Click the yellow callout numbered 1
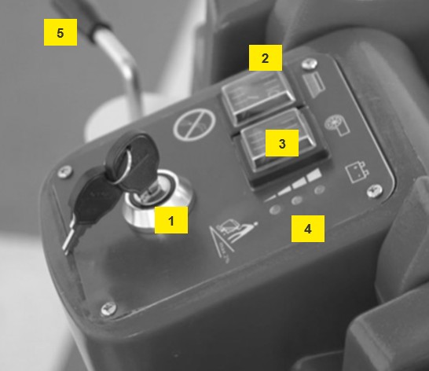(x=171, y=220)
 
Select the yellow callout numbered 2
(x=266, y=57)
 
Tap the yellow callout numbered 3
(x=282, y=143)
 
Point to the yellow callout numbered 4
(x=308, y=229)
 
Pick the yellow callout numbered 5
(x=60, y=32)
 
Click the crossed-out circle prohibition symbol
(x=195, y=124)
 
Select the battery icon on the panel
(x=356, y=172)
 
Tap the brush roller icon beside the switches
(x=337, y=126)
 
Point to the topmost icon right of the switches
(x=313, y=84)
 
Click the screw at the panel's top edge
(x=310, y=64)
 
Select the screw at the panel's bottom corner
(x=108, y=310)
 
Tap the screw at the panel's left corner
(x=65, y=172)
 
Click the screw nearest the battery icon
(x=375, y=191)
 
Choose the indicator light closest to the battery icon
(x=320, y=189)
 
